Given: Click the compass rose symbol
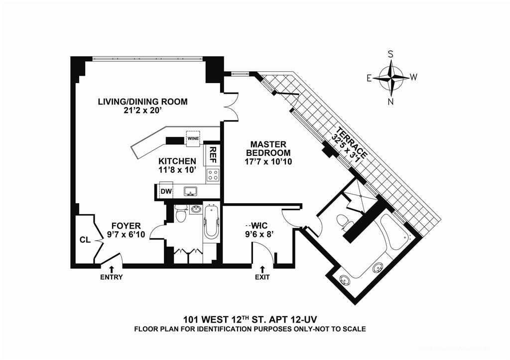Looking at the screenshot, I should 391,78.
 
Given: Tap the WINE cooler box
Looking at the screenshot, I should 193,138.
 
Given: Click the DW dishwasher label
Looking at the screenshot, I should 165,191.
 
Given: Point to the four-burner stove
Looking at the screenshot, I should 213,175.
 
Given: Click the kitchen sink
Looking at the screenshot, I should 190,191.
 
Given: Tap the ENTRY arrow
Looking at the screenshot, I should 111,269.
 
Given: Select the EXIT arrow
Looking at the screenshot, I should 262,269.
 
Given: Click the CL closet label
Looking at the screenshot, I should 84,240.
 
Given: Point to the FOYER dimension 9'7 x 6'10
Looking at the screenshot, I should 126,235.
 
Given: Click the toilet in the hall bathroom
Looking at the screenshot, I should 181,216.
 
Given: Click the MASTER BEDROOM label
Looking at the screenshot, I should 270,148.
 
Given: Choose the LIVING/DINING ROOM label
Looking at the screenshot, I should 142,102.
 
